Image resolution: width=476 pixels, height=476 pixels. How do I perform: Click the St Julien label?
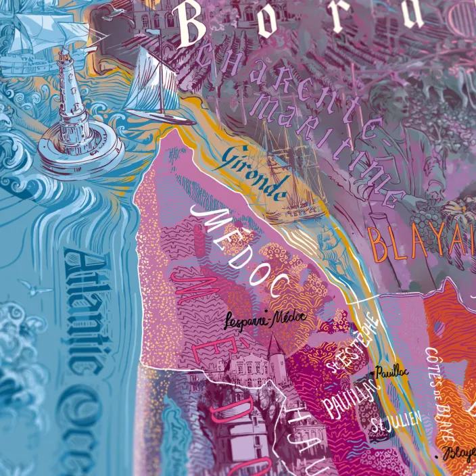396,423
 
